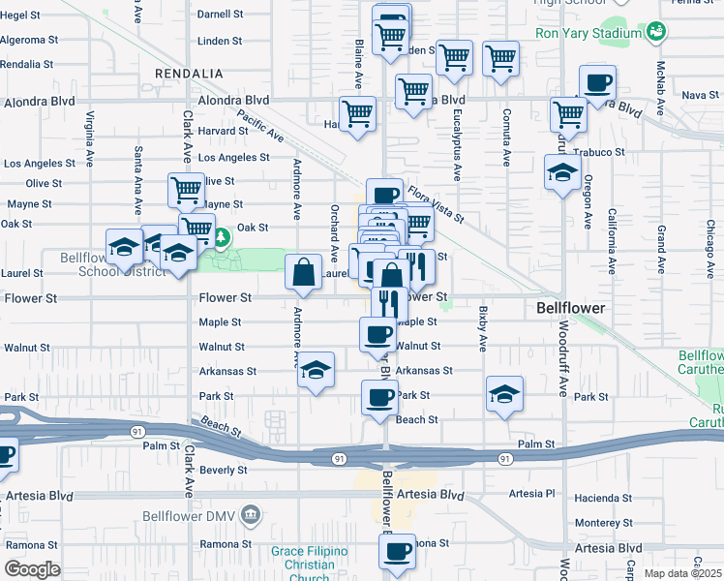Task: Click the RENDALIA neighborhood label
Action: coord(190,74)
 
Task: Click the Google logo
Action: coord(32,569)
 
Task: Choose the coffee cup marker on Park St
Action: coord(379,395)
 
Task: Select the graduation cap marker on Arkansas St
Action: coord(315,371)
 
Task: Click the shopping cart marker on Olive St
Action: coord(186,188)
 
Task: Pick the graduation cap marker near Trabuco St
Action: coord(562,173)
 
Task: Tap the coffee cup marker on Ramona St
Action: coord(396,552)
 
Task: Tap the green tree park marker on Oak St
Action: coord(222,236)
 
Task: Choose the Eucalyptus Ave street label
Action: coord(456,146)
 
